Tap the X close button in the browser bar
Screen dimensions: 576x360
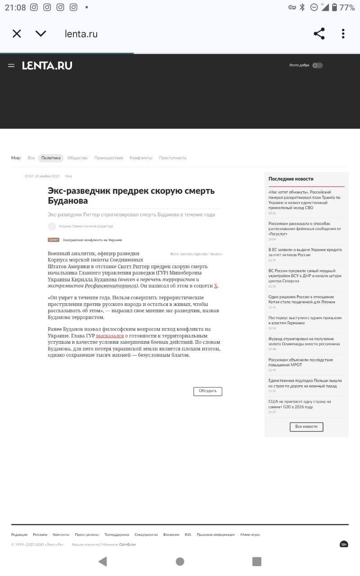click(x=17, y=34)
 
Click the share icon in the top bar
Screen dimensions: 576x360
click(x=319, y=34)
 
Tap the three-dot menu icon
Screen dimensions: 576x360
click(x=343, y=34)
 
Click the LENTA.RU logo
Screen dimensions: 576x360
click(x=47, y=66)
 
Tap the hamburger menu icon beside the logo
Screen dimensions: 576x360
click(x=11, y=66)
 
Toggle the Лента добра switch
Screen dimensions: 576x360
click(x=317, y=65)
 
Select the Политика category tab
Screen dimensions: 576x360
click(x=50, y=158)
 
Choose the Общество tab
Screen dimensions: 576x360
click(x=77, y=158)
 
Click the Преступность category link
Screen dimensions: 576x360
click(x=172, y=158)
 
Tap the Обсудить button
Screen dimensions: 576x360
click(x=207, y=391)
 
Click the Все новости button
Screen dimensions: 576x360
click(x=306, y=427)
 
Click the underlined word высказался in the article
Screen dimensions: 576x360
click(x=109, y=336)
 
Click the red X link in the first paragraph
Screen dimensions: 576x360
click(x=216, y=286)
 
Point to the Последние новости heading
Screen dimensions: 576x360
click(x=291, y=179)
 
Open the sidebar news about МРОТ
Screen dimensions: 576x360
click(x=300, y=362)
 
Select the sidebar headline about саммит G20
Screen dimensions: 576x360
click(x=299, y=404)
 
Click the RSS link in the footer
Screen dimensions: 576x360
click(x=188, y=535)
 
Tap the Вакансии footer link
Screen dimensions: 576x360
click(x=171, y=535)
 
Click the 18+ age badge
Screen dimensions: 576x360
click(x=344, y=544)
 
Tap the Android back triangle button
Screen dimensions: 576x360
click(x=103, y=561)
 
